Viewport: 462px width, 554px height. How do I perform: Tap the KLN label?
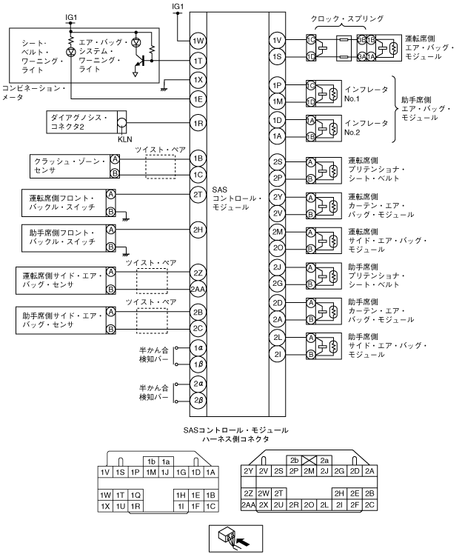124,138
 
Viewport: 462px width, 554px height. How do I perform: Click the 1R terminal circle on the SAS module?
197,123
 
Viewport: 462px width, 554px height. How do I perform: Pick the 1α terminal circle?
197,348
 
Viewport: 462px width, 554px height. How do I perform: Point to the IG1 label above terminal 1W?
178,6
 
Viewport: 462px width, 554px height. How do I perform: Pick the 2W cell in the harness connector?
264,493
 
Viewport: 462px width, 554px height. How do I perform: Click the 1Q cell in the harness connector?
135,494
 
